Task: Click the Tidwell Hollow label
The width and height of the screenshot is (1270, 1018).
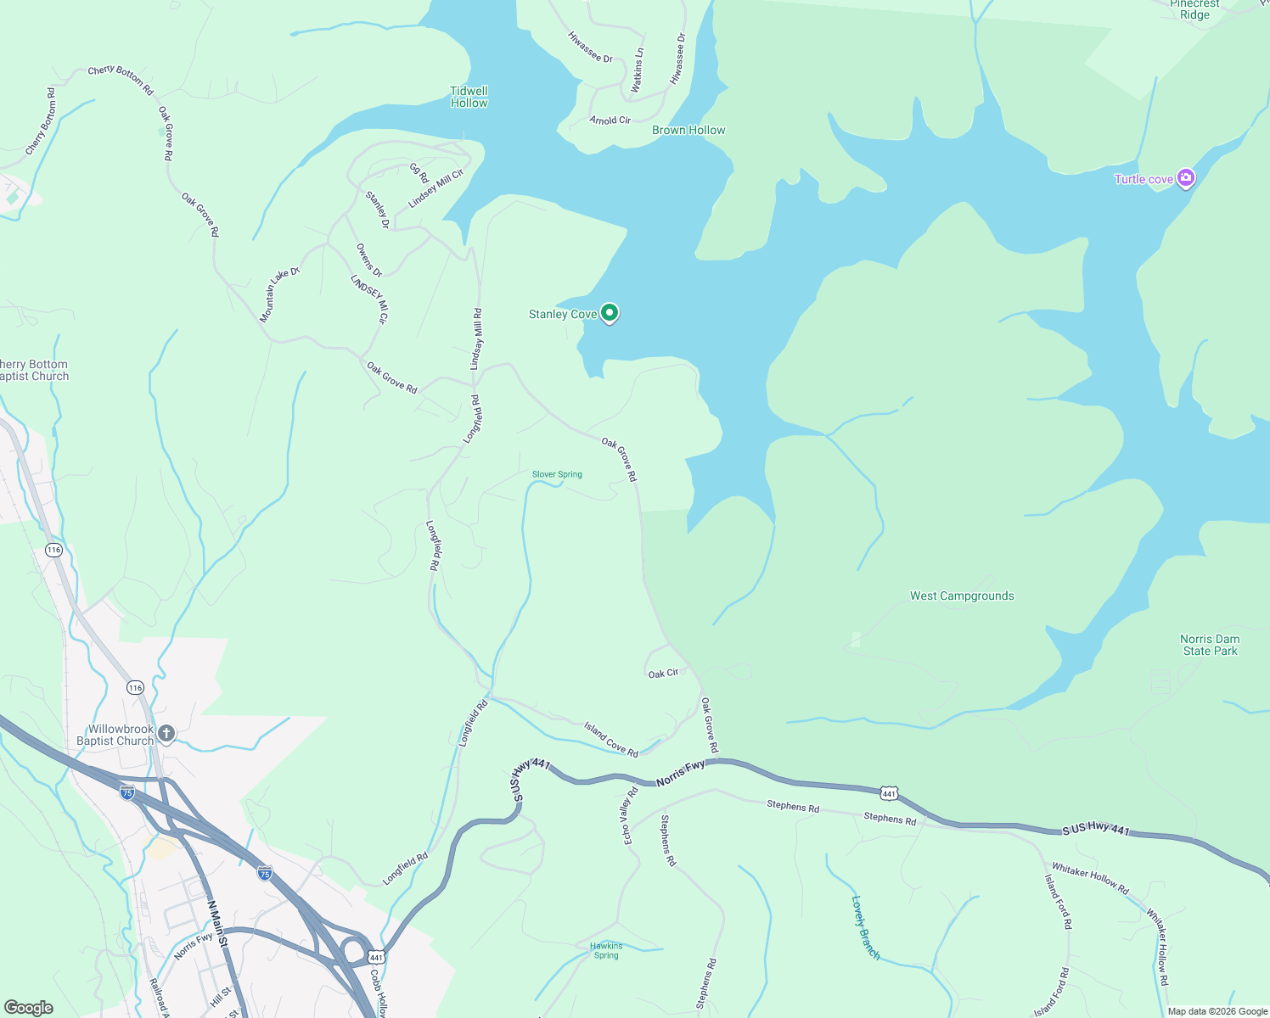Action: (x=469, y=97)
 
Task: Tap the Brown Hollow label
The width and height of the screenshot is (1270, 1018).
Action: (x=688, y=130)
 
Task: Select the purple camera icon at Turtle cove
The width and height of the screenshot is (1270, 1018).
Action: (x=1186, y=178)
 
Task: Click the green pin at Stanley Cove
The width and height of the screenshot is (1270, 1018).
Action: (x=609, y=313)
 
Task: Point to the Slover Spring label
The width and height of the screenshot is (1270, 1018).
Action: (x=557, y=474)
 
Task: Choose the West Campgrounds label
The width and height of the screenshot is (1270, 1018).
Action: (x=962, y=596)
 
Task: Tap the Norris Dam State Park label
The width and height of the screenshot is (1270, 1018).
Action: (x=1210, y=645)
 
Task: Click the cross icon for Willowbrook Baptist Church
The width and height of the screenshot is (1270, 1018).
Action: (x=166, y=733)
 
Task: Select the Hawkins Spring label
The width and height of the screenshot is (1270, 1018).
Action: (x=606, y=950)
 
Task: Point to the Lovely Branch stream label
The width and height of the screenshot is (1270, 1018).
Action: (x=865, y=927)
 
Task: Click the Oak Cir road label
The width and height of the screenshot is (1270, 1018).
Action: (x=663, y=673)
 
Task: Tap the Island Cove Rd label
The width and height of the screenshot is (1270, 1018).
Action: (x=610, y=738)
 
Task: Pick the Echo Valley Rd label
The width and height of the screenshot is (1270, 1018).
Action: (x=630, y=816)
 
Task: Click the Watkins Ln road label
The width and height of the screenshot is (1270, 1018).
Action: (x=638, y=70)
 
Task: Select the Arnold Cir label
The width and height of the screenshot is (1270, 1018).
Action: (x=610, y=120)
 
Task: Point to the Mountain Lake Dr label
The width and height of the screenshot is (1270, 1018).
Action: (x=279, y=294)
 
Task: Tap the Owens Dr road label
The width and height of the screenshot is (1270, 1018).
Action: (x=369, y=260)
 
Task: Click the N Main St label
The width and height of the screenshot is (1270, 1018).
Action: (x=218, y=924)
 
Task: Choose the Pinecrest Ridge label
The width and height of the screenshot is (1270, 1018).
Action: (x=1194, y=9)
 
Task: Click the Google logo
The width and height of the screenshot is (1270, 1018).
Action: (x=29, y=1008)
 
